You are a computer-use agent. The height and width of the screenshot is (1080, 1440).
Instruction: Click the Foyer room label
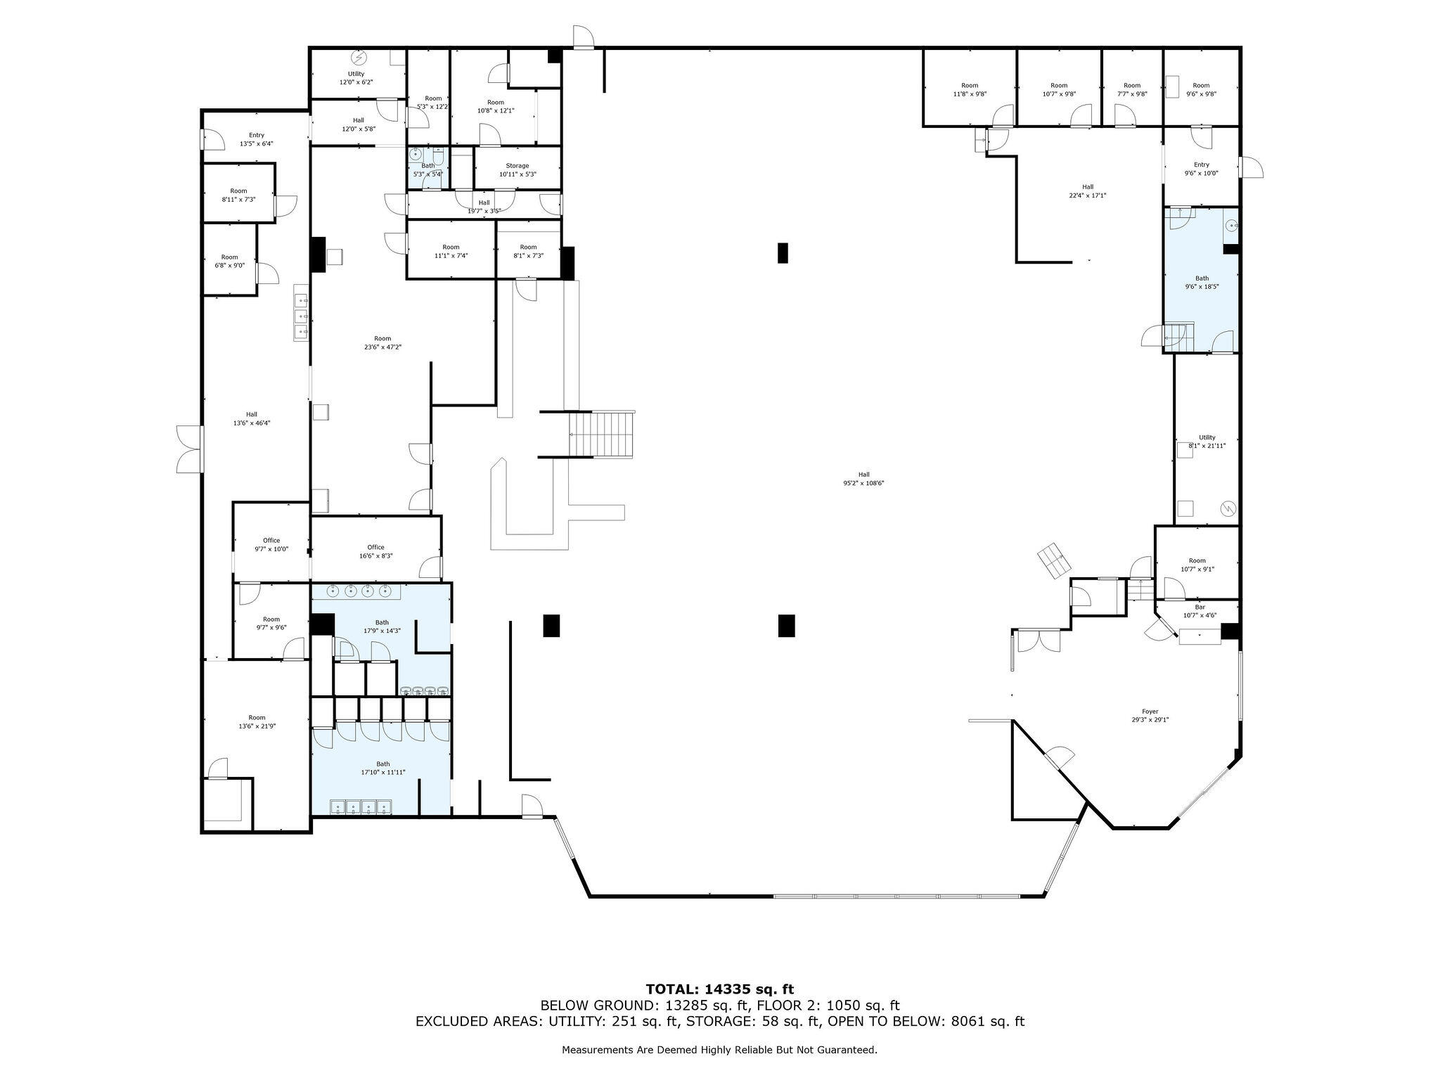(1150, 715)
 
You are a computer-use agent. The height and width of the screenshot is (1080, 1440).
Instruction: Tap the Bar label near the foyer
(1200, 611)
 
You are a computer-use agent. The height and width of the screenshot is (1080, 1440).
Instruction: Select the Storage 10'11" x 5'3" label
(517, 169)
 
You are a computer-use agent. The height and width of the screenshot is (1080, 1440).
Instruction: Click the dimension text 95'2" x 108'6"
(863, 483)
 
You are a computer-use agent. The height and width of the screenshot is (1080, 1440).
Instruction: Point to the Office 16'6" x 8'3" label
(375, 551)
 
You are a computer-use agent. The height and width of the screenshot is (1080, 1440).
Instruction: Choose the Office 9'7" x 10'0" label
(271, 545)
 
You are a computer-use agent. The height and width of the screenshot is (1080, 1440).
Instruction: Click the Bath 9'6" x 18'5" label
(1202, 282)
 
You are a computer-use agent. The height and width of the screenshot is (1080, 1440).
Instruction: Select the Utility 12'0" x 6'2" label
(356, 78)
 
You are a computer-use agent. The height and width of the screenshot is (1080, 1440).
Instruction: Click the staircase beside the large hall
(602, 434)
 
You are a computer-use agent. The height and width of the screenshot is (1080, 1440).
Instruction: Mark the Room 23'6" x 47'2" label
(382, 342)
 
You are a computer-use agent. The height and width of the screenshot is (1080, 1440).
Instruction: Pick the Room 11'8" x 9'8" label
(970, 89)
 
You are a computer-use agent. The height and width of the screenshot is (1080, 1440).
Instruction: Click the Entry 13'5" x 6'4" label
(256, 139)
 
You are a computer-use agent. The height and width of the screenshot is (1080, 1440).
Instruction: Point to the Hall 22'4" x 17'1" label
(1088, 191)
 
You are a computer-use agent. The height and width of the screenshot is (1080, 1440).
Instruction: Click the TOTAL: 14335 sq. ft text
(720, 989)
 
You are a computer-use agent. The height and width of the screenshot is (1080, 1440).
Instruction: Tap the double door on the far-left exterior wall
(188, 448)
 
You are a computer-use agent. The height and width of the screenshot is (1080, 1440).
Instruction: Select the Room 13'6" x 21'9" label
(257, 721)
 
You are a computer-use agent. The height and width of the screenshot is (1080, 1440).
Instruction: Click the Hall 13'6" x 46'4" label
(251, 418)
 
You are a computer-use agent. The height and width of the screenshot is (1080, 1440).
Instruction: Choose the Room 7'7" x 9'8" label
(1132, 89)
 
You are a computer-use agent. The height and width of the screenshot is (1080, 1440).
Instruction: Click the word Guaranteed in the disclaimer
(848, 1050)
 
